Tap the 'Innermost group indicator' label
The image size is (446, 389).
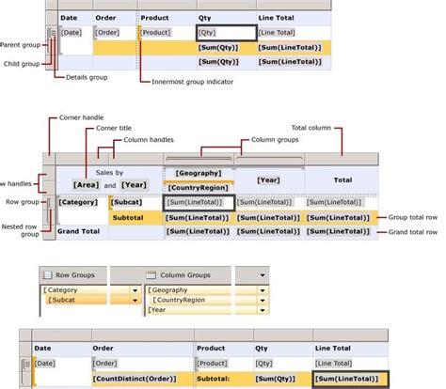pyautogui.click(x=193, y=82)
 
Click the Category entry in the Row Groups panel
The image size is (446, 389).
pyautogui.click(x=62, y=290)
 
